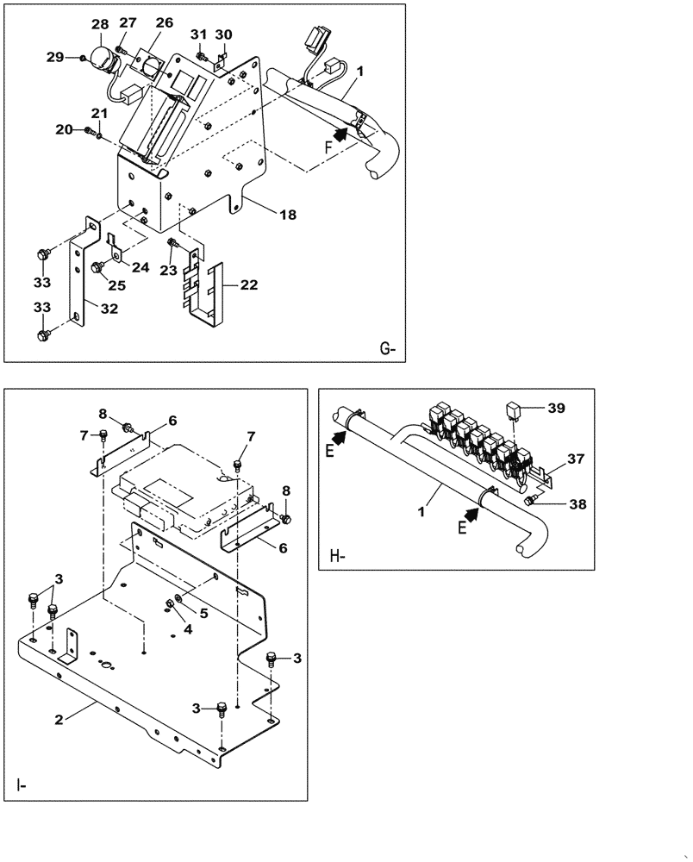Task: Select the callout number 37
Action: (575, 458)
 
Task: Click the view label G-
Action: (387, 349)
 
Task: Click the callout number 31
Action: (199, 34)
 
